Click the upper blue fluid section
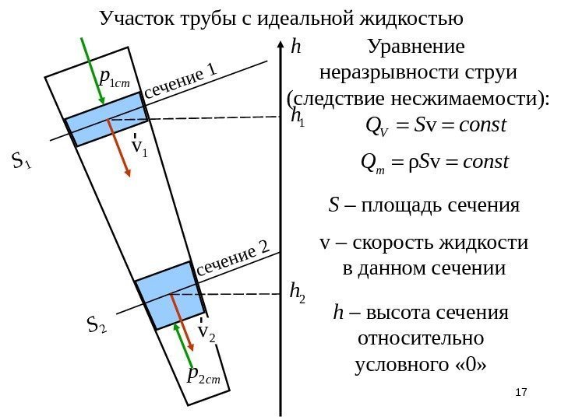(105, 119)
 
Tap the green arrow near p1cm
(93, 70)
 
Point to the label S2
(97, 324)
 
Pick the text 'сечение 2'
(234, 258)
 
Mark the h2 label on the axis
(297, 292)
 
